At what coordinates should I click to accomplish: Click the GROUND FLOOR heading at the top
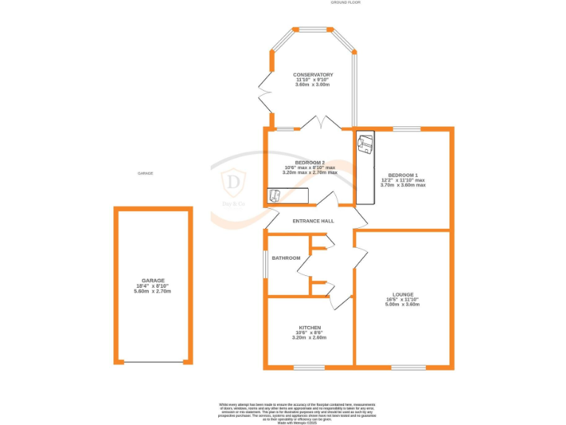(345, 4)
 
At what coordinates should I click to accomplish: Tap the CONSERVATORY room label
(313, 75)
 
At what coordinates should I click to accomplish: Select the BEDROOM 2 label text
(310, 162)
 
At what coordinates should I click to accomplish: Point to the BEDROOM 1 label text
(403, 175)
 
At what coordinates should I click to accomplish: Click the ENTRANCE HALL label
(313, 221)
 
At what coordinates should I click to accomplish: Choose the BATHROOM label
(287, 258)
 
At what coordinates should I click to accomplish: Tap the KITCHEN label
(310, 327)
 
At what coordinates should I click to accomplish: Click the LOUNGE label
(403, 294)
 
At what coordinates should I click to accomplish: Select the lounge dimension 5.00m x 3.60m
(403, 304)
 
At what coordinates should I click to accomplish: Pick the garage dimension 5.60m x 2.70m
(153, 291)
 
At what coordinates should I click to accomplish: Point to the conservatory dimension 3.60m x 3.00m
(313, 85)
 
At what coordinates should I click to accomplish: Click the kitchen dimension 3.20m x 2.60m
(310, 337)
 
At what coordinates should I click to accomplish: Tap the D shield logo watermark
(234, 181)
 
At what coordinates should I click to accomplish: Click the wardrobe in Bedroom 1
(366, 167)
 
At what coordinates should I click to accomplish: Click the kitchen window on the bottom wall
(309, 367)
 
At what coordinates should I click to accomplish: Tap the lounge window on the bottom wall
(408, 367)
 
